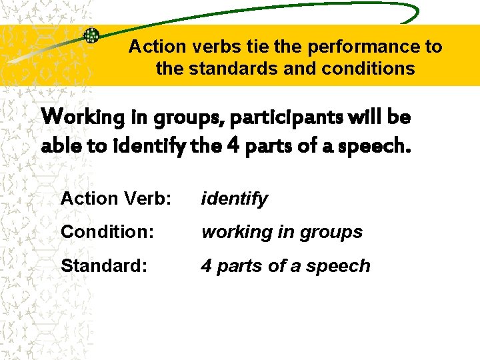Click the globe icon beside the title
91,36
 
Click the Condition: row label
107,232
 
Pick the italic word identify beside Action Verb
235,199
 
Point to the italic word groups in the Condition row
331,233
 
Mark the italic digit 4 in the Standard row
207,265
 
